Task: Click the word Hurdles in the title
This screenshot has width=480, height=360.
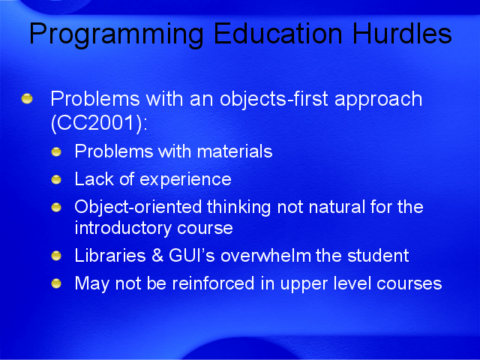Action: coord(402,33)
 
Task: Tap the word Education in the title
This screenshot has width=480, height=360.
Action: coord(278,33)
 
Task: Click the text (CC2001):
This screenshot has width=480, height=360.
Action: coord(99,123)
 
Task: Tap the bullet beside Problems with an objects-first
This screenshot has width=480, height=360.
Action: coord(27,98)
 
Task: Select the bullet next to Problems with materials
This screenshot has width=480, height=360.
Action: coord(56,151)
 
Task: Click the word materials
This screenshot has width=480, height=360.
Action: coord(235,151)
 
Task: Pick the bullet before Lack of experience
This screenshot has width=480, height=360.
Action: coord(56,180)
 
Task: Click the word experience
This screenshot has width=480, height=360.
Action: coord(185,180)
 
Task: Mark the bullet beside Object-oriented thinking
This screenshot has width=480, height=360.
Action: coord(56,208)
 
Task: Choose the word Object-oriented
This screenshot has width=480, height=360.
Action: coord(138,208)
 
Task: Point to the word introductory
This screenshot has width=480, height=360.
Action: coord(123,228)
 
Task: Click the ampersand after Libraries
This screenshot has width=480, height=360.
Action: coord(157,256)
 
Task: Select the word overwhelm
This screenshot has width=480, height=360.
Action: coord(265,256)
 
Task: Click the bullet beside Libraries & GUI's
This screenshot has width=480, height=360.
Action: coord(56,256)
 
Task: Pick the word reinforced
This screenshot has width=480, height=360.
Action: coord(213,283)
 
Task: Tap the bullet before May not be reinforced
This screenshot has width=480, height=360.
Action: coord(56,283)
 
